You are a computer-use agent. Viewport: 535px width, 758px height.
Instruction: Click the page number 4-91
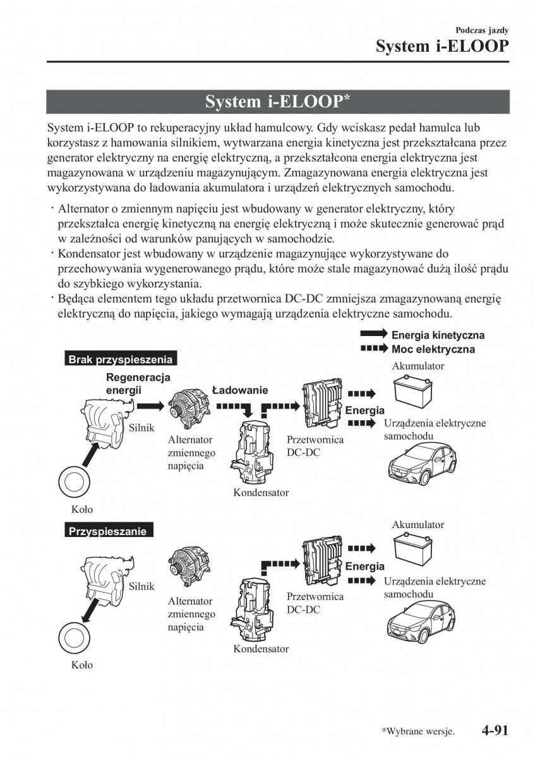click(x=495, y=731)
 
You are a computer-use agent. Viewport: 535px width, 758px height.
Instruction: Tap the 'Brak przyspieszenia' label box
click(x=120, y=359)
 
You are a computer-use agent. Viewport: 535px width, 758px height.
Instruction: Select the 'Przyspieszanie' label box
click(x=108, y=531)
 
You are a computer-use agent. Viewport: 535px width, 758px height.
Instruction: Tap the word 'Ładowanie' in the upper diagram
click(x=240, y=390)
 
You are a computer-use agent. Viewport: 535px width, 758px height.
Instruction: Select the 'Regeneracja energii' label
click(x=129, y=384)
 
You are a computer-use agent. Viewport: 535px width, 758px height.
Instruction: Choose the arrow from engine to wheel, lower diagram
click(x=88, y=610)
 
